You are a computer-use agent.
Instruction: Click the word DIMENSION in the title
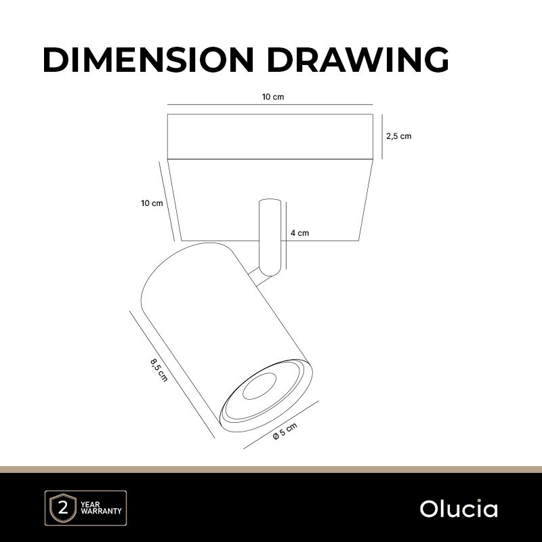pos(148,60)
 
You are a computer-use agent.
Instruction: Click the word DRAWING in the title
pos(358,60)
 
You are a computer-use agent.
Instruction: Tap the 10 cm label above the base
pos(273,97)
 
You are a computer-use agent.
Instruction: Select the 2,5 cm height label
pos(399,136)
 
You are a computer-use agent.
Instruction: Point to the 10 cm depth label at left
pos(152,203)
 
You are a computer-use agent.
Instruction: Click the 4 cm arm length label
pos(299,233)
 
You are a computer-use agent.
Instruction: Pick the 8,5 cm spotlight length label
pos(159,370)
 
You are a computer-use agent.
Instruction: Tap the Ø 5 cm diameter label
pos(285,431)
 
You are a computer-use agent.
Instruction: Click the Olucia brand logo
pos(459,509)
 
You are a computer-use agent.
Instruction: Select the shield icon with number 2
pos(63,507)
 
